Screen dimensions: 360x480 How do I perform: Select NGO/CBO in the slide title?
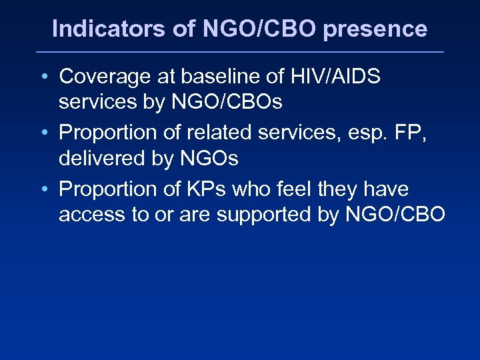(x=247, y=29)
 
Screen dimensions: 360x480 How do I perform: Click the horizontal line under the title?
(x=240, y=52)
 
